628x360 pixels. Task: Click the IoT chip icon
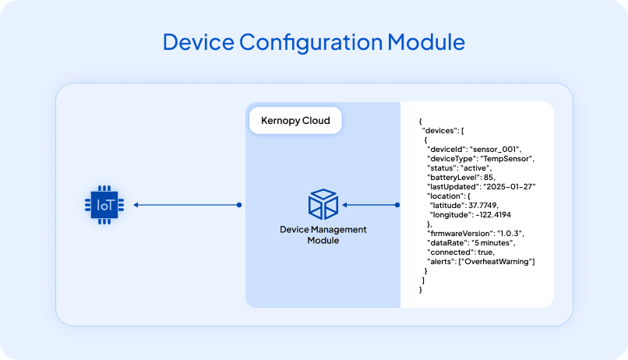tap(104, 205)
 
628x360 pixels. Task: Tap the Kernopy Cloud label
tap(295, 121)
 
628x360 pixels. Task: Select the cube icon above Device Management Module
tap(323, 204)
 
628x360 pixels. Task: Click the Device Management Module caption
tap(323, 235)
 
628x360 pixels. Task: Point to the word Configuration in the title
tap(296, 41)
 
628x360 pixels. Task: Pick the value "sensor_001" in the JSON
tap(496, 149)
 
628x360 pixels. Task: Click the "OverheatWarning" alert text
tap(499, 262)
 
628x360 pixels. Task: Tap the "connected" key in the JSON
tap(450, 252)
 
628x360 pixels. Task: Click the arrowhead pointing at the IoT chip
tap(136, 205)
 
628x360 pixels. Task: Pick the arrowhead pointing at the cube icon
tap(345, 206)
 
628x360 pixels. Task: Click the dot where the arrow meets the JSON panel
tap(397, 206)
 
